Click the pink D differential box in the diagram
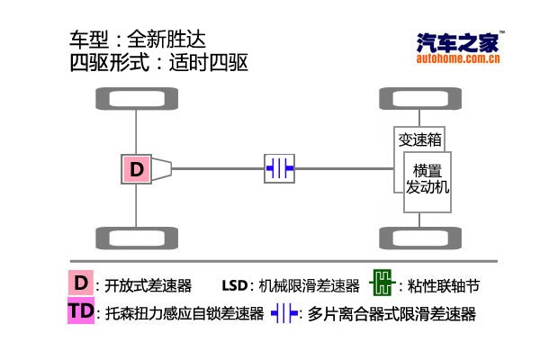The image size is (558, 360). coord(136,169)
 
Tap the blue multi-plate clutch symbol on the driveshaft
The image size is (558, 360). coord(279,168)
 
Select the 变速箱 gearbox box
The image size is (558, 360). coord(419,139)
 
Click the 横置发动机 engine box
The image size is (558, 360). coord(427,182)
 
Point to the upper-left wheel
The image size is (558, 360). coord(137,98)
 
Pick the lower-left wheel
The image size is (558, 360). coord(137,238)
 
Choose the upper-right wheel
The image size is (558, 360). coord(420,98)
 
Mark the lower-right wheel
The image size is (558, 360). coord(420,238)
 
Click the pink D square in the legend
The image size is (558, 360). coord(81,283)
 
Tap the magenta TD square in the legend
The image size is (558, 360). coord(81,310)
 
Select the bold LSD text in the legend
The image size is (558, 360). coord(235,285)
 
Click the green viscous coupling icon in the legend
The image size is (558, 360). coord(382,283)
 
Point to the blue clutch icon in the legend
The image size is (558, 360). coord(284,313)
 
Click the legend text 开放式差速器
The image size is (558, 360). coord(148,285)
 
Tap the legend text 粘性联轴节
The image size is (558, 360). coord(444,285)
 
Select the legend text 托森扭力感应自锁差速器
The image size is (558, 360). coord(184,313)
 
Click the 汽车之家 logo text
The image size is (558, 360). coord(457,42)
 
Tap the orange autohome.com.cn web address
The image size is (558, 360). coord(458,58)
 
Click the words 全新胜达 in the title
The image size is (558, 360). coord(166,39)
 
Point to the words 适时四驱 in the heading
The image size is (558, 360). coord(208,63)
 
